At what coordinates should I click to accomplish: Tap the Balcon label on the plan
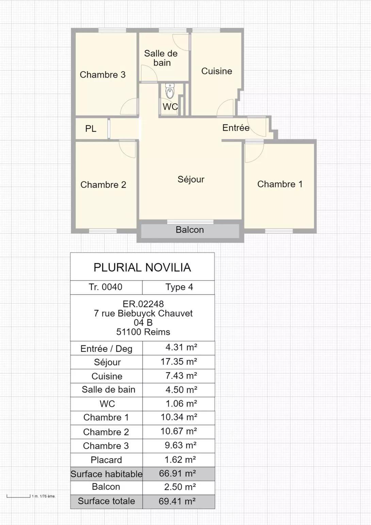click(190, 230)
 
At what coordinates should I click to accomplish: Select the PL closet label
click(91, 128)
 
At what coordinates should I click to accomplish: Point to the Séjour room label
click(191, 179)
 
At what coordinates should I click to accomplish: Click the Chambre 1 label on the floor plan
click(280, 184)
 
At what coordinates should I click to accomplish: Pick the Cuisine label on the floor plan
click(217, 71)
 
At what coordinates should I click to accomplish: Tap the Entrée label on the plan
click(236, 128)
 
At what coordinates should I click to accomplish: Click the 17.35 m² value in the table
click(179, 362)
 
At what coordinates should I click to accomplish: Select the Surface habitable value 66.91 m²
click(177, 474)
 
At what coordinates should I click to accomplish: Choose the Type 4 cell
click(179, 287)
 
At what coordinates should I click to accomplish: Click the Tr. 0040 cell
click(106, 287)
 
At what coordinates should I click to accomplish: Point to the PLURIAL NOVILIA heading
click(142, 267)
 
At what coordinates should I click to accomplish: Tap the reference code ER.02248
click(143, 304)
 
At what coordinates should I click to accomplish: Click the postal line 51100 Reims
click(143, 332)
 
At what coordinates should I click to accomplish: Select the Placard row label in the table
click(106, 460)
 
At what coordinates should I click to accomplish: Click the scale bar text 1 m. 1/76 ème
click(44, 496)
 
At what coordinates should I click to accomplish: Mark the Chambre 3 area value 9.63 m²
click(181, 445)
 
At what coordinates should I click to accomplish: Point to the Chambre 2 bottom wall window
click(103, 231)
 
